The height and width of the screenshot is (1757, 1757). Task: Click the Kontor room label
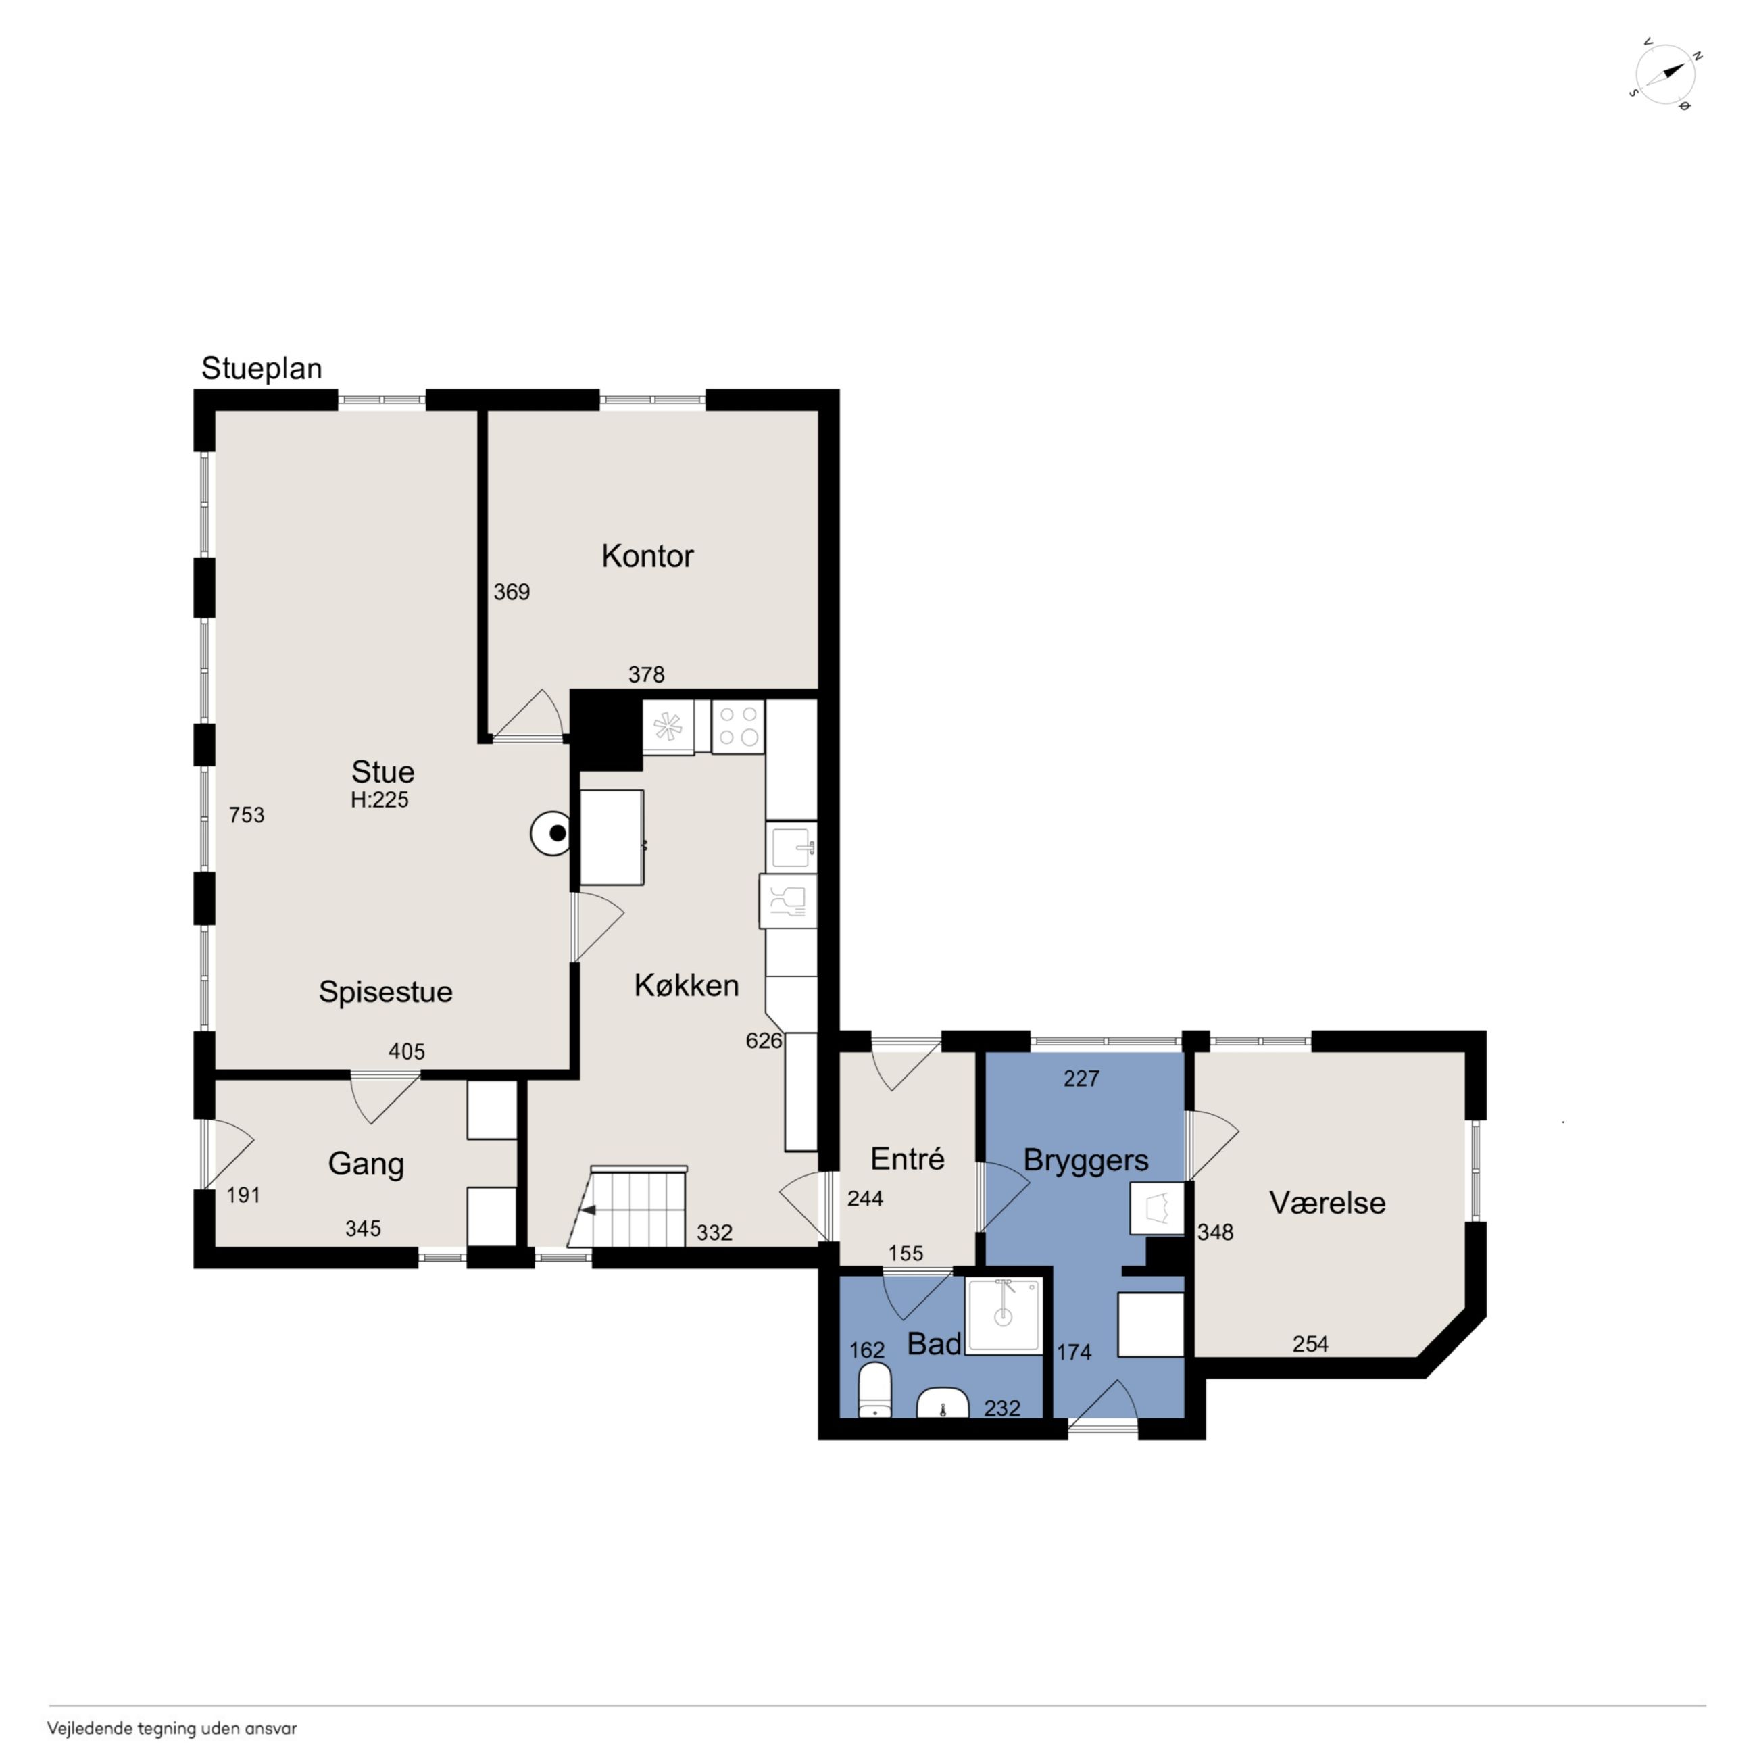(647, 555)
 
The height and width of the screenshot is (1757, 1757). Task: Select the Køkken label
(686, 985)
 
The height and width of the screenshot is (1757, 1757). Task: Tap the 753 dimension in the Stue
(247, 815)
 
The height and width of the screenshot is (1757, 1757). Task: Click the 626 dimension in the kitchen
(763, 1041)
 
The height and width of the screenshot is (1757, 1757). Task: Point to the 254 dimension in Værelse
(1310, 1343)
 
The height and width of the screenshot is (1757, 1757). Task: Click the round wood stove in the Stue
(552, 833)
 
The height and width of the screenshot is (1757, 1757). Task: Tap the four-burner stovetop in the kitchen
(737, 726)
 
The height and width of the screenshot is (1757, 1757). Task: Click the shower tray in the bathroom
(1003, 1315)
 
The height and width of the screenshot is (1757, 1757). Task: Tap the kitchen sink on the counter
(792, 847)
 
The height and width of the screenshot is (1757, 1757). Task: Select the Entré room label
(907, 1158)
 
